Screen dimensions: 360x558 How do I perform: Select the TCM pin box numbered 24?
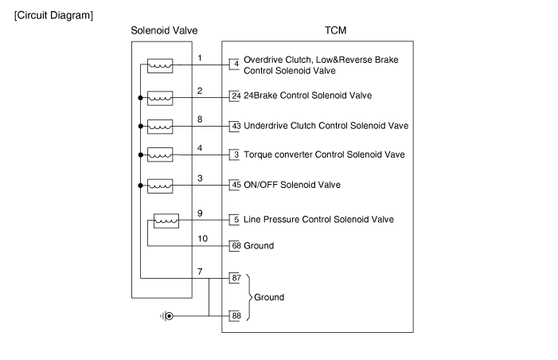(236, 96)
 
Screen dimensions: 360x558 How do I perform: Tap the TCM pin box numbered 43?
(236, 126)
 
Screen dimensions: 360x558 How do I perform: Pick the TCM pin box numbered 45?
(236, 185)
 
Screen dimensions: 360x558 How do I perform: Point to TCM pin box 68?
(236, 246)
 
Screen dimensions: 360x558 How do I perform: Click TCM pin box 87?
(236, 278)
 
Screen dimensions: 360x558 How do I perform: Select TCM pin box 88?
(236, 316)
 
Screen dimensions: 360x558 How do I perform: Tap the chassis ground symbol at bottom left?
(166, 316)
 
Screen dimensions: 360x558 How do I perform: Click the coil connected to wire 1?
(160, 65)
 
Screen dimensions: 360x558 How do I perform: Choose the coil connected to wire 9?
(166, 220)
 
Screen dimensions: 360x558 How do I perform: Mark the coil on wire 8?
(160, 126)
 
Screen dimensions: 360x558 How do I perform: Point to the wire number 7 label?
(200, 272)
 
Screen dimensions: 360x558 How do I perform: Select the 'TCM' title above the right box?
(336, 31)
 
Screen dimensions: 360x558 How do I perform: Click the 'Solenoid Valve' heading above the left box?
(164, 31)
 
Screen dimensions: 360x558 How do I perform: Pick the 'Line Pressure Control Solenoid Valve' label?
(318, 220)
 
